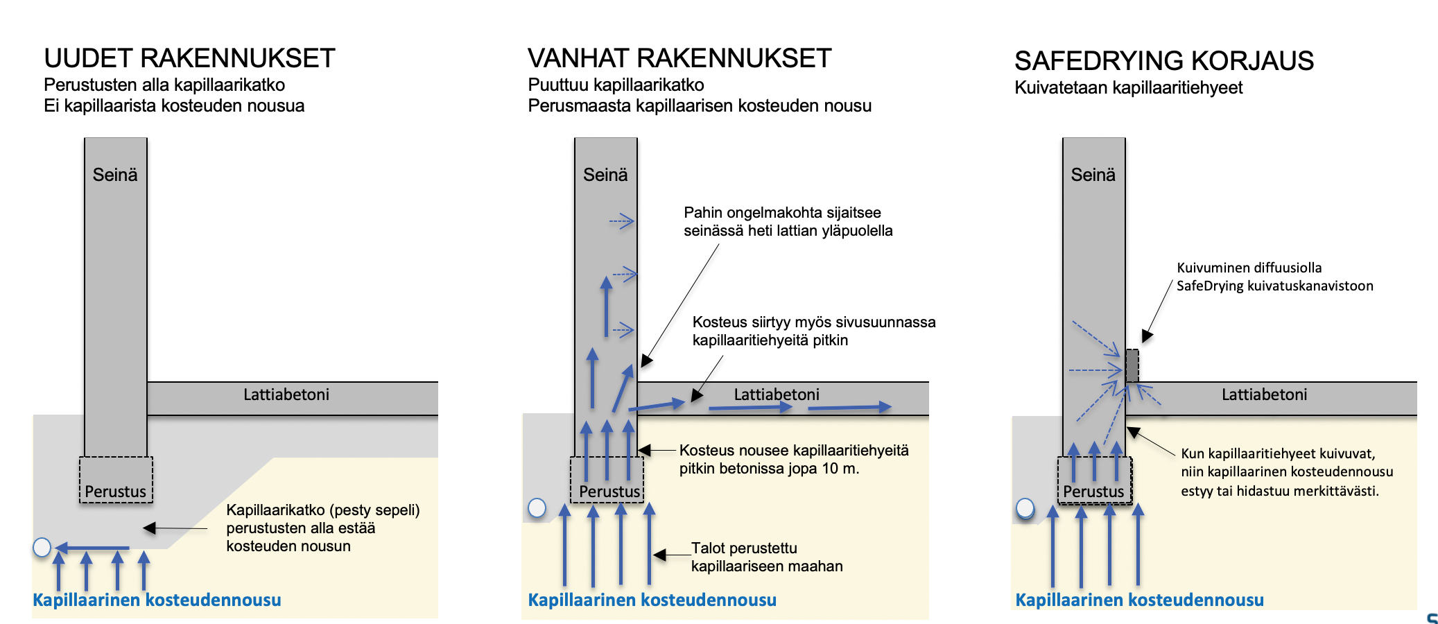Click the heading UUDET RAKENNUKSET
click(189, 58)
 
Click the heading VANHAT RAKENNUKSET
click(679, 58)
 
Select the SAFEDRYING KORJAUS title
click(1164, 61)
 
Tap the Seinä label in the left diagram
click(115, 175)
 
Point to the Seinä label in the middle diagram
click(605, 175)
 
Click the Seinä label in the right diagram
click(1093, 175)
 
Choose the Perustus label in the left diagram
click(115, 492)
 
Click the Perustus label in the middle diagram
click(609, 492)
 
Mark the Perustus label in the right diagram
click(1093, 492)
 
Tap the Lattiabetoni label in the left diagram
click(286, 395)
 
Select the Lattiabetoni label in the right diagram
click(1265, 395)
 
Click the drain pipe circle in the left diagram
click(42, 548)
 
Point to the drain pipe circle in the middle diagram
click(537, 508)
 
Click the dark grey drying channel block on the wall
click(1132, 365)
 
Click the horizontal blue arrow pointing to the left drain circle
click(92, 548)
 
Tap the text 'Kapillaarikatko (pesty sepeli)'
click(323, 510)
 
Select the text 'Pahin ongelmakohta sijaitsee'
click(782, 213)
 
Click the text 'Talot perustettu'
click(744, 548)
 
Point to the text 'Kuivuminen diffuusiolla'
click(1249, 268)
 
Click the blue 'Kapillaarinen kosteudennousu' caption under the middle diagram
click(652, 600)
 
